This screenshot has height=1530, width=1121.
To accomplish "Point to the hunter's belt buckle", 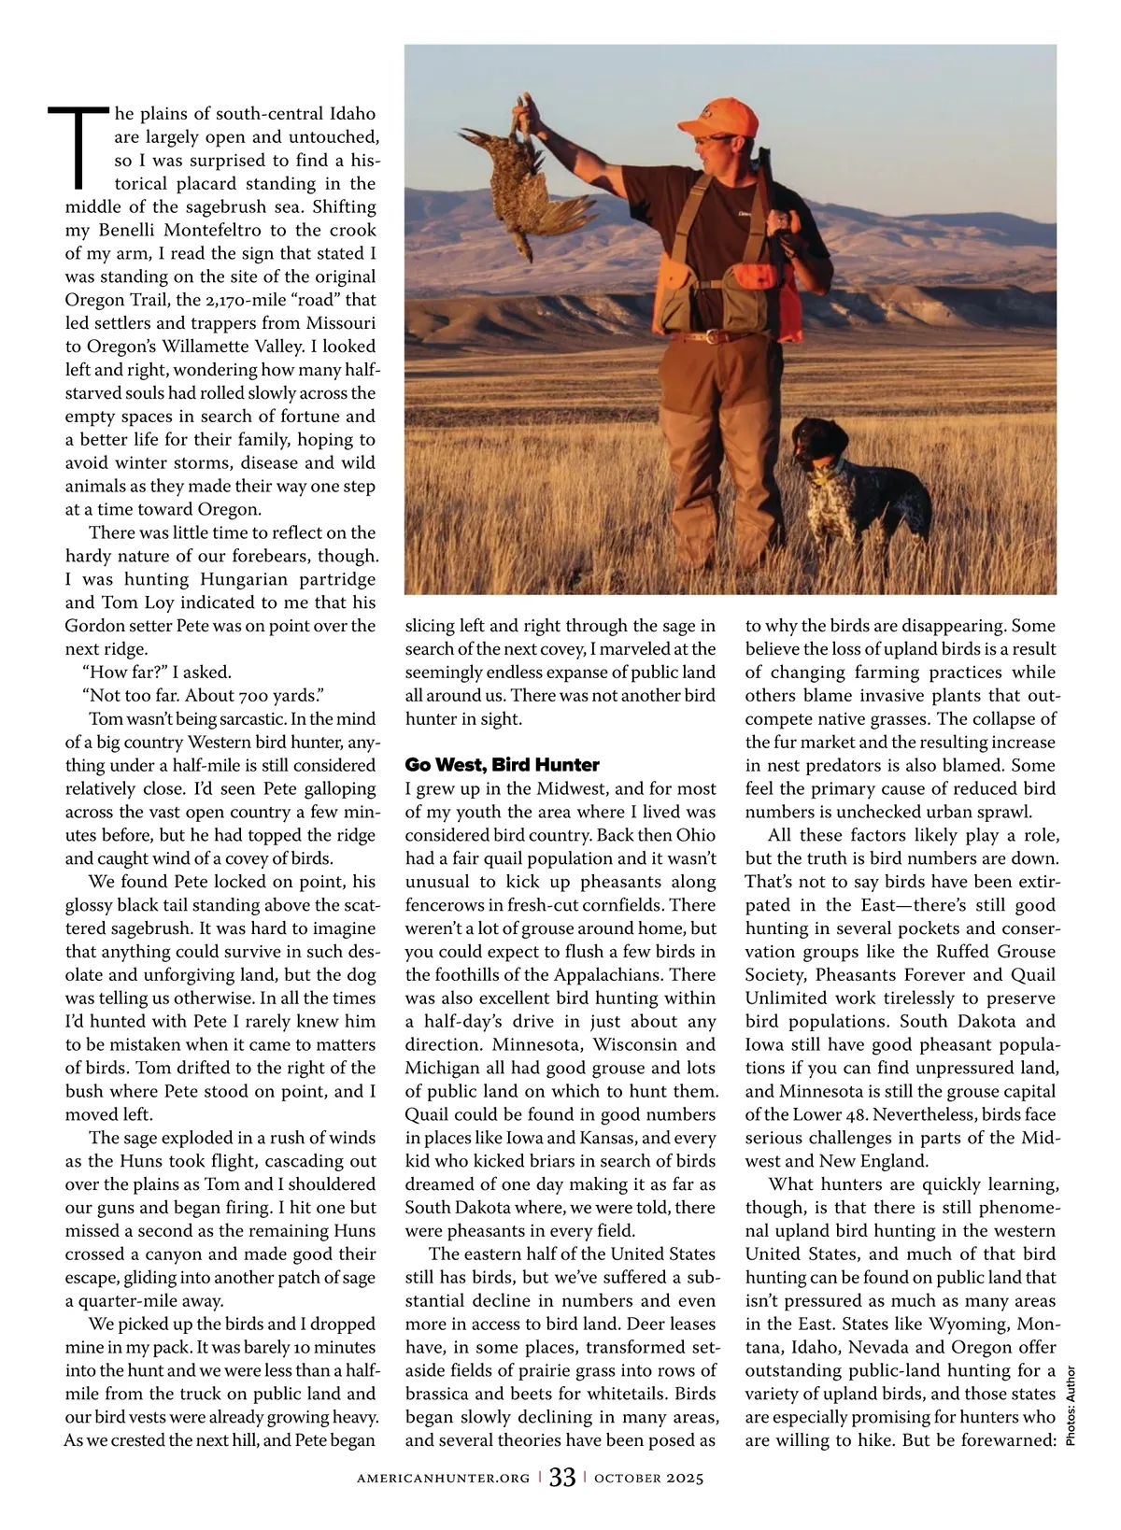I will coord(714,335).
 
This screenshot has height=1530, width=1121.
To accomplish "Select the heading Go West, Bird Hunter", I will coord(502,765).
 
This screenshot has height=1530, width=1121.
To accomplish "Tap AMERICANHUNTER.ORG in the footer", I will coord(444,1478).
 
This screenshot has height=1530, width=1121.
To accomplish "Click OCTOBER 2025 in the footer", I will coord(648,1478).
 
